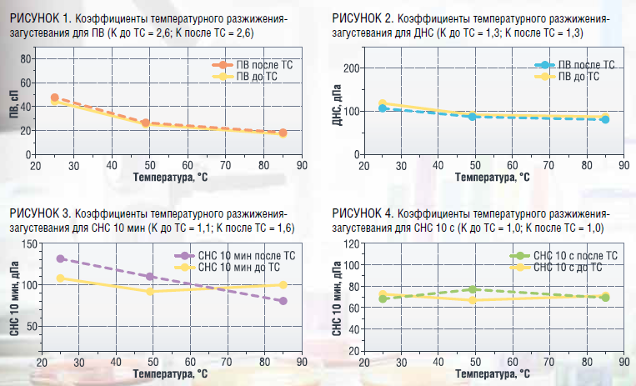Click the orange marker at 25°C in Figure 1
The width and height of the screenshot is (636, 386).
coord(55,98)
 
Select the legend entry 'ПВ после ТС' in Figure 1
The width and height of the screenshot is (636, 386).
coord(253,65)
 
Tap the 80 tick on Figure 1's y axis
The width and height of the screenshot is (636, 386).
coord(26,59)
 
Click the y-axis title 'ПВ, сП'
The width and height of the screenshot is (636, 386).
coord(14,104)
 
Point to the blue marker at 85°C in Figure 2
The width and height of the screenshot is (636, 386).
coord(605,119)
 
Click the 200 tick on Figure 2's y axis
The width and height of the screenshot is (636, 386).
coord(351,68)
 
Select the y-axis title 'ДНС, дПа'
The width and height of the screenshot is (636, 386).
coord(338,105)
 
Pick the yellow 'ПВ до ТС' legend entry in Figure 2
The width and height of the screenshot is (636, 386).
coord(567,77)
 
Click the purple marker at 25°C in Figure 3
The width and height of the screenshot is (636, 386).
coord(61,258)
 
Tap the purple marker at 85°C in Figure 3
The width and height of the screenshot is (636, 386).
coord(283,301)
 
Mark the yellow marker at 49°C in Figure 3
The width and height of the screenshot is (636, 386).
coord(150,292)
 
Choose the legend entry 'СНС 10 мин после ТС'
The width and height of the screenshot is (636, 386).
coord(235,256)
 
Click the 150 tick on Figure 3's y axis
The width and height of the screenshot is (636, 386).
coord(29,244)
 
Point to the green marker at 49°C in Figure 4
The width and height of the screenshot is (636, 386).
coord(472,289)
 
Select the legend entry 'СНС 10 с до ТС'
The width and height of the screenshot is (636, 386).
coord(556,267)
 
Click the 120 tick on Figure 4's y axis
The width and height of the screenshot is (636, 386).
coord(352,244)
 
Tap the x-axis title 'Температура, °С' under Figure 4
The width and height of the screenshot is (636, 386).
coord(492,373)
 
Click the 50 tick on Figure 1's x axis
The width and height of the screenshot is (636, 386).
coord(150,165)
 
